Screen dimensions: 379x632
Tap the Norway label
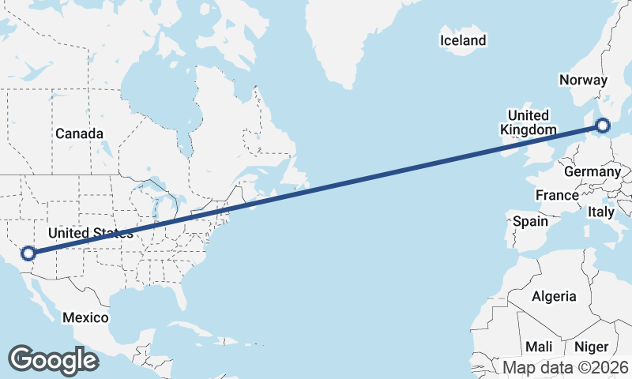pyautogui.click(x=583, y=80)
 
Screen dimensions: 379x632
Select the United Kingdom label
pyautogui.click(x=528, y=122)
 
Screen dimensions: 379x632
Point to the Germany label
pyautogui.click(x=592, y=172)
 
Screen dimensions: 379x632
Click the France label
pyautogui.click(x=557, y=195)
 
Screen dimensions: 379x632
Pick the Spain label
pyautogui.click(x=530, y=221)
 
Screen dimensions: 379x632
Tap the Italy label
pyautogui.click(x=601, y=212)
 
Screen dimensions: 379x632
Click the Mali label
pyautogui.click(x=539, y=347)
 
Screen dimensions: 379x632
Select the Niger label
pyautogui.click(x=591, y=347)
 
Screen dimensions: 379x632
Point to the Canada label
pyautogui.click(x=79, y=133)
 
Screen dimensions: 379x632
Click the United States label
pyautogui.click(x=90, y=233)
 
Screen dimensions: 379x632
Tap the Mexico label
pyautogui.click(x=85, y=317)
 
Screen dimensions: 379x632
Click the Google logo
pyautogui.click(x=53, y=360)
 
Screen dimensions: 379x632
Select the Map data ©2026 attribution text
pyautogui.click(x=566, y=367)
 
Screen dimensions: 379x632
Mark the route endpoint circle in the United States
pyautogui.click(x=28, y=253)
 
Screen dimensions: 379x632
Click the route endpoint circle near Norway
pyautogui.click(x=603, y=125)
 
